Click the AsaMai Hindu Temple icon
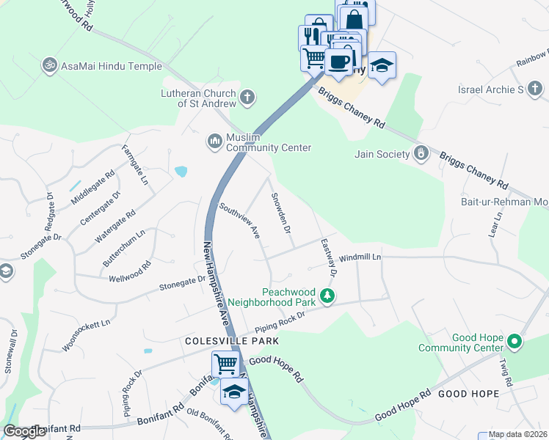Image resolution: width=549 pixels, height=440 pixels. coord(50,65)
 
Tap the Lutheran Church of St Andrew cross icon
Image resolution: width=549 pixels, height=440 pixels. coord(247,97)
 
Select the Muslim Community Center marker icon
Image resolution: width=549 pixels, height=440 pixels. coord(214,139)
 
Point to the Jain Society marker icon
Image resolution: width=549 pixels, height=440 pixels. coord(421,153)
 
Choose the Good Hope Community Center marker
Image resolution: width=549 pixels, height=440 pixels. coord(515,341)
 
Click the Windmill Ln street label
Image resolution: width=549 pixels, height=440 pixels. coord(360,258)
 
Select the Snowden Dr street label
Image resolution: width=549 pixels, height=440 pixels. coord(281,213)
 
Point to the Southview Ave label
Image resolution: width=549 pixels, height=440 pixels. coord(239,221)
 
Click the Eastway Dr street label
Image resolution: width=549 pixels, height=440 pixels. coord(328,257)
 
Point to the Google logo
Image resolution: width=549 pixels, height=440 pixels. coord(24,431)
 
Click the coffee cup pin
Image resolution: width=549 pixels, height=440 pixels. coord(338,62)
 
